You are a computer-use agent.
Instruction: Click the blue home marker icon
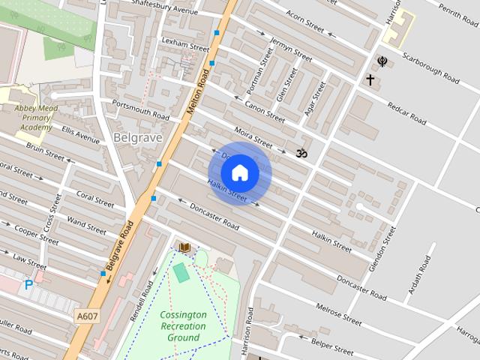239,173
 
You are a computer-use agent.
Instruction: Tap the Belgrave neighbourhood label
135,138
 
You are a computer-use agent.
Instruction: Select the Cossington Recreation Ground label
183,326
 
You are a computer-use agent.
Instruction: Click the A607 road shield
87,316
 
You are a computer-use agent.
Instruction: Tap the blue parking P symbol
28,285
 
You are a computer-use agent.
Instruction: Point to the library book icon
184,247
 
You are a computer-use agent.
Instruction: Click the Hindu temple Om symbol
301,153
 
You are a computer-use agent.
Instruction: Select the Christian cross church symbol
370,79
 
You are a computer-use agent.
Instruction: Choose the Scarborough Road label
430,67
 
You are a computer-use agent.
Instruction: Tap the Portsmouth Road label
140,109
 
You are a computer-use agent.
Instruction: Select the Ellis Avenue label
80,134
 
